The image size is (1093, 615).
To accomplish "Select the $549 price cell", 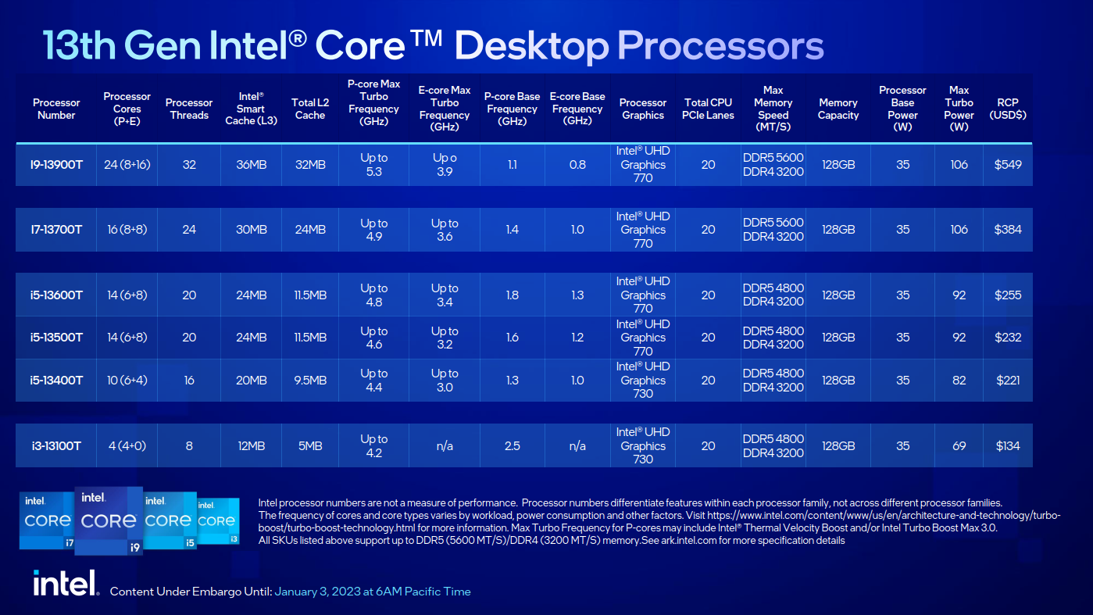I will pyautogui.click(x=1008, y=164).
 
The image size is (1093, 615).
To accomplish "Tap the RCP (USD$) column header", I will pyautogui.click(x=1008, y=109).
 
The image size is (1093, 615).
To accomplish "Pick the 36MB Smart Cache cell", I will pyautogui.click(x=251, y=164).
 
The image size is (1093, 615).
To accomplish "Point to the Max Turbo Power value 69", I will pyautogui.click(x=959, y=445).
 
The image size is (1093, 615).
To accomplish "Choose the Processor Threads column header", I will pyautogui.click(x=189, y=109).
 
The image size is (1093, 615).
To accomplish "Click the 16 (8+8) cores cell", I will pyautogui.click(x=127, y=230).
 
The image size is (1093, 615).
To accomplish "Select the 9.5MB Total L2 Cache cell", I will pyautogui.click(x=309, y=381).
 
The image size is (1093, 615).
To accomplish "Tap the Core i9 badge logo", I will pyautogui.click(x=109, y=520).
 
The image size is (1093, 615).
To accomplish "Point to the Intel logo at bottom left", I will pyautogui.click(x=65, y=583).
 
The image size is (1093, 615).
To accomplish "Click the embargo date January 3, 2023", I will pyautogui.click(x=372, y=592).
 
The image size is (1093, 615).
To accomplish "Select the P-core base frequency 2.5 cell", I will pyautogui.click(x=513, y=445).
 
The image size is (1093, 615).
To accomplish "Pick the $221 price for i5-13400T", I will pyautogui.click(x=1008, y=381).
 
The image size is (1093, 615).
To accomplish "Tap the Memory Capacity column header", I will pyautogui.click(x=838, y=109).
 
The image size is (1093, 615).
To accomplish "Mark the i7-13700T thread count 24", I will pyautogui.click(x=189, y=230).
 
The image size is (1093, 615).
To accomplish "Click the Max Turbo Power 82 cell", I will pyautogui.click(x=959, y=381).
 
